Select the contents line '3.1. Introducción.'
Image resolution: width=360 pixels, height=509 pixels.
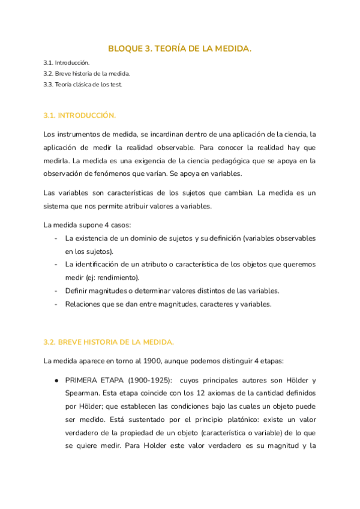(x=67, y=62)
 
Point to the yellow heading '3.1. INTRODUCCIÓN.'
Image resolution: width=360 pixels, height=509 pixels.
(x=80, y=115)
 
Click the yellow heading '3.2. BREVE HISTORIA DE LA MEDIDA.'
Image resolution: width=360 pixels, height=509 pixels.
(x=109, y=342)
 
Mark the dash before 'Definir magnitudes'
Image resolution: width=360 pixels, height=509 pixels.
(x=56, y=291)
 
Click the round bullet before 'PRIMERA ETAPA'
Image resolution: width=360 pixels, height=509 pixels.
(x=56, y=381)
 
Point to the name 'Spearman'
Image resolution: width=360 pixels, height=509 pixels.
(x=81, y=394)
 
